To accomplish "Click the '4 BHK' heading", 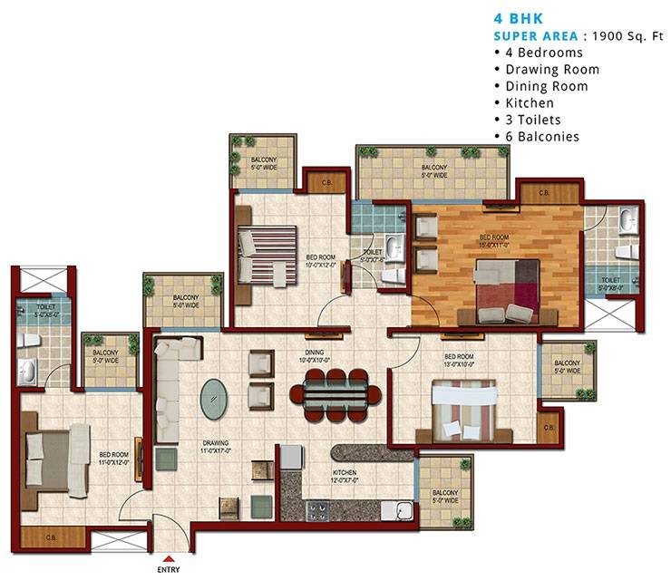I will (519, 17).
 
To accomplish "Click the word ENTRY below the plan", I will (170, 571).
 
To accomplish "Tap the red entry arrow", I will (170, 559).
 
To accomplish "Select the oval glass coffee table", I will (214, 397).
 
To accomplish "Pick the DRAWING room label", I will (215, 445).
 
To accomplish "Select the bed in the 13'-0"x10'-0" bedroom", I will (465, 409).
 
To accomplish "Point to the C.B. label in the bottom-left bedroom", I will (53, 540).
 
